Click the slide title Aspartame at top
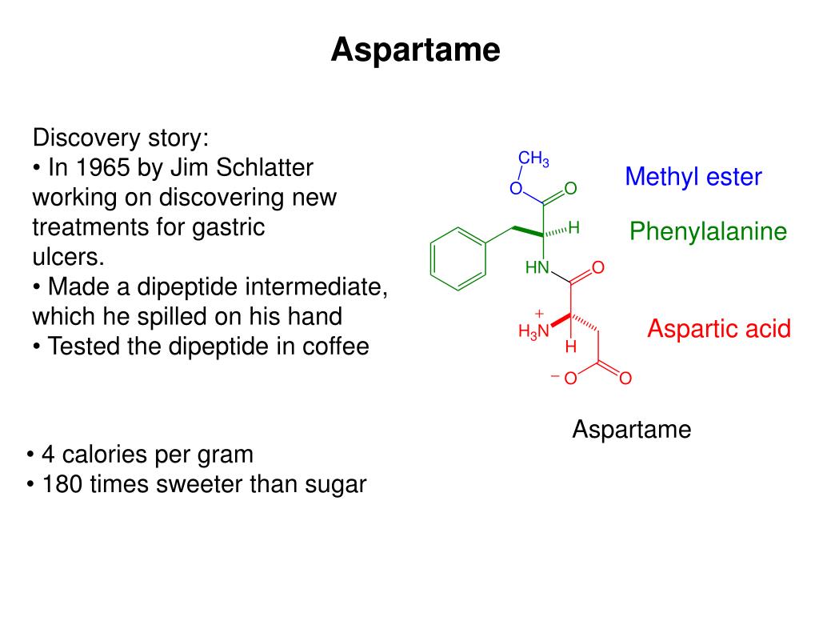pyautogui.click(x=415, y=50)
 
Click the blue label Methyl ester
pyautogui.click(x=693, y=176)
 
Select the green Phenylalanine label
pyautogui.click(x=708, y=232)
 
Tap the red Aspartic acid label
pyautogui.click(x=718, y=328)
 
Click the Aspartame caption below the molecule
pyautogui.click(x=631, y=430)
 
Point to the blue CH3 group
pyautogui.click(x=533, y=158)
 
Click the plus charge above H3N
pyautogui.click(x=539, y=313)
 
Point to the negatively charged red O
pyautogui.click(x=569, y=379)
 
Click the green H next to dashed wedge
pyautogui.click(x=573, y=228)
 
